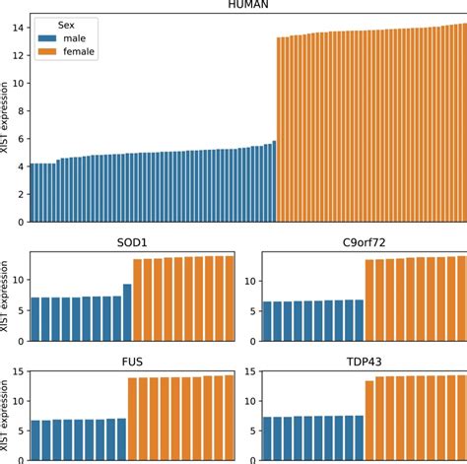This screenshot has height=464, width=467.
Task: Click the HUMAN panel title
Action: click(x=248, y=7)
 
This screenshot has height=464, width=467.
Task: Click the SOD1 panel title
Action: click(x=132, y=242)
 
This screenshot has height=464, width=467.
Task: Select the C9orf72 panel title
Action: click(x=364, y=242)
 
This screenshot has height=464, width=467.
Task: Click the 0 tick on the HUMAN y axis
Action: click(x=20, y=222)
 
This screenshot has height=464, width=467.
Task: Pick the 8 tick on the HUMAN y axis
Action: click(x=20, y=111)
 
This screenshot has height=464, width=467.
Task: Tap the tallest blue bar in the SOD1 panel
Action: click(x=127, y=311)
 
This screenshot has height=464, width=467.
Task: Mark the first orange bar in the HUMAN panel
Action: click(x=280, y=129)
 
